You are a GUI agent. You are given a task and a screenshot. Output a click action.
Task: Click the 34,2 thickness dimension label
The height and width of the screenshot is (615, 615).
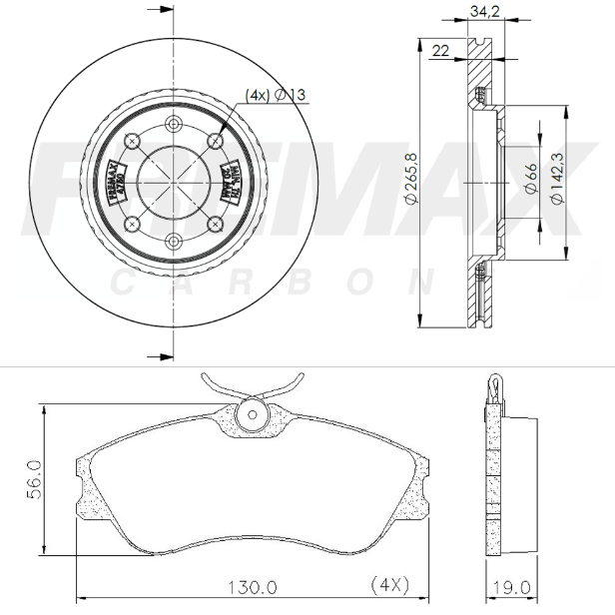point(483,13)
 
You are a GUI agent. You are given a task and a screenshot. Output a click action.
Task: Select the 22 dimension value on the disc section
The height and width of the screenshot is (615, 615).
point(439,49)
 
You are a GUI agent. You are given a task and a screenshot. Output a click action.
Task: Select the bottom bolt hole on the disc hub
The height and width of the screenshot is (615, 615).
point(174,240)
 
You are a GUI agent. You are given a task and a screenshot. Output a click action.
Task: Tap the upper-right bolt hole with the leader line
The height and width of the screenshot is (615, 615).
point(215,140)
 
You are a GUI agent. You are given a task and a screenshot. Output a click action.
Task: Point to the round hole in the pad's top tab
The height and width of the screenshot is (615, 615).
point(252,414)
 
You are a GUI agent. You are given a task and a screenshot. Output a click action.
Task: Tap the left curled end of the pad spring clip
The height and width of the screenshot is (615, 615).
point(207,378)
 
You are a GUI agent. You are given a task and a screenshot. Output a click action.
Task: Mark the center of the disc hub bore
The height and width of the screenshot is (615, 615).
point(174,181)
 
